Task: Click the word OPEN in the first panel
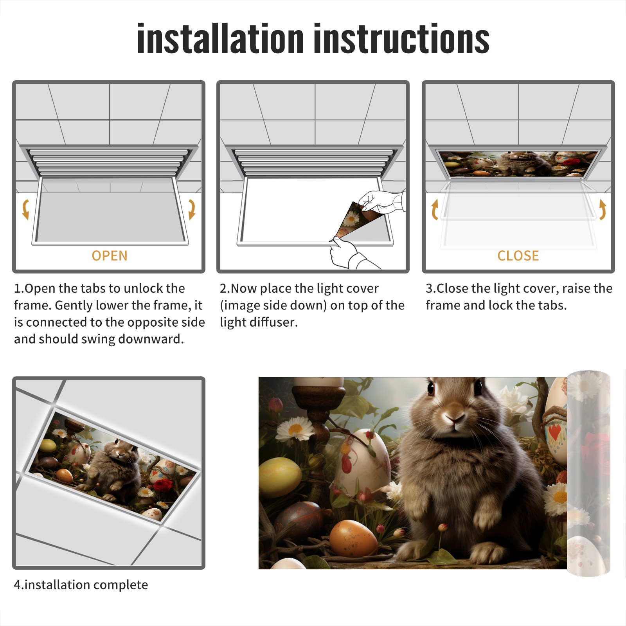(x=110, y=255)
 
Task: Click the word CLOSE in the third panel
(x=518, y=255)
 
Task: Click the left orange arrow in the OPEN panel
(x=26, y=209)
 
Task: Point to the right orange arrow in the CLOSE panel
(x=603, y=209)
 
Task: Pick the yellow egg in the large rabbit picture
(x=280, y=477)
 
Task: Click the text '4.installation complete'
(x=81, y=585)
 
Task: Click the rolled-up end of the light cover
(x=588, y=473)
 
